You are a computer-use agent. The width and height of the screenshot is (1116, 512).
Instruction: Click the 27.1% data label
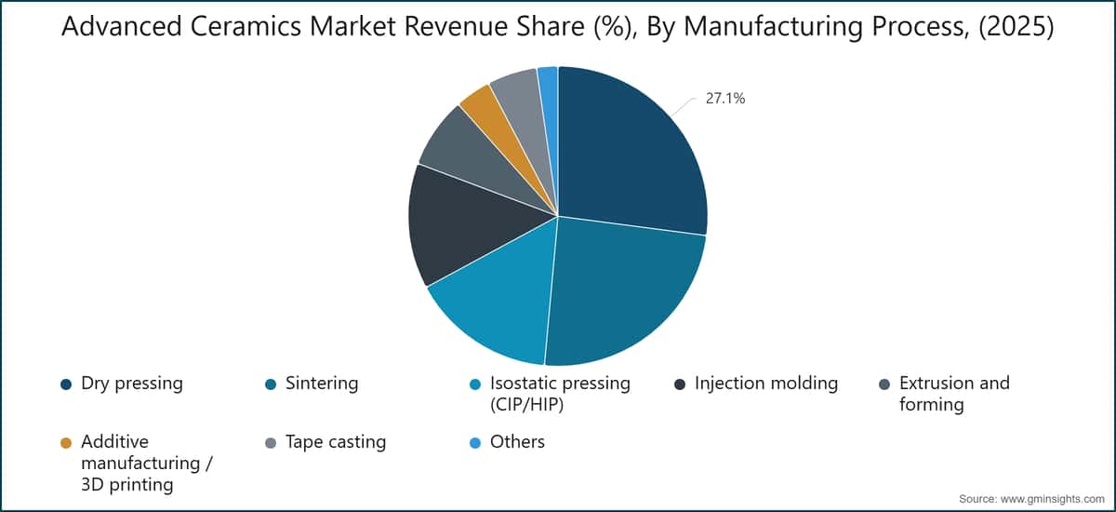[724, 99]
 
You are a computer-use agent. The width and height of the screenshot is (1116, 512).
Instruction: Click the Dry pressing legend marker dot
[66, 384]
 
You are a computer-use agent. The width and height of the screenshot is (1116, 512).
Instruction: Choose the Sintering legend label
[322, 384]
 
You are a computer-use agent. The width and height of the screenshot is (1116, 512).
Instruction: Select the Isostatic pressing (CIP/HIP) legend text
[560, 394]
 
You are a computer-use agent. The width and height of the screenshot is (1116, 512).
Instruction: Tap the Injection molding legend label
[766, 384]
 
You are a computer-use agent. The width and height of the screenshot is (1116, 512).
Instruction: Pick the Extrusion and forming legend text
[954, 394]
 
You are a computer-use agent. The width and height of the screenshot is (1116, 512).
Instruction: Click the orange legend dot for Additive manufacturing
[66, 443]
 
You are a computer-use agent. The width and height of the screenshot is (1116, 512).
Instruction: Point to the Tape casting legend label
[336, 442]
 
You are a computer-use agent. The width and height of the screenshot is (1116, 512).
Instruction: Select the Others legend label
[517, 441]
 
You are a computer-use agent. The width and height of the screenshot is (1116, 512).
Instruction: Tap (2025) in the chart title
[1016, 27]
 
